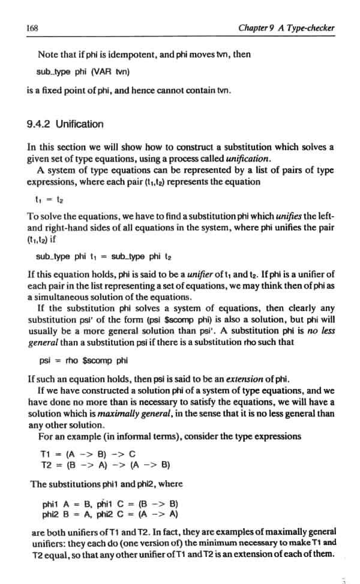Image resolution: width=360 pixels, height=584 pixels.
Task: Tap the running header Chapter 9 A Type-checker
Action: [286, 28]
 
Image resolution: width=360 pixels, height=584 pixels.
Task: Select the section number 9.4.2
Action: [40, 124]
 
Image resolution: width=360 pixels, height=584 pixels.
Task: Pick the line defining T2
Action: [106, 464]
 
